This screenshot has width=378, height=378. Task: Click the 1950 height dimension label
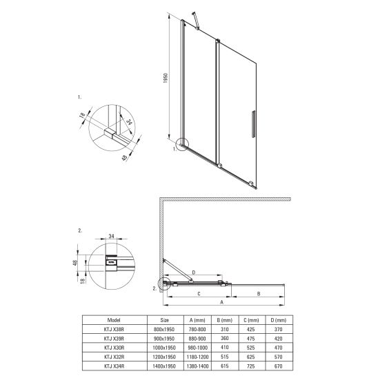click(x=166, y=78)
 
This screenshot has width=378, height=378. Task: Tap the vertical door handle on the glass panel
click(x=253, y=124)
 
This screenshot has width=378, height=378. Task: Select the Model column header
click(x=114, y=320)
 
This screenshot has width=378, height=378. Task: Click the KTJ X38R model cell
click(x=114, y=329)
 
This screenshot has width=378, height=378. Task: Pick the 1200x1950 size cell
click(x=164, y=357)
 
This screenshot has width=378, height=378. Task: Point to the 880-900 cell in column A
click(x=197, y=339)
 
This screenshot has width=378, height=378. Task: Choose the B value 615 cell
click(x=224, y=366)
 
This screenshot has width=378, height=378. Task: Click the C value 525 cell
click(x=250, y=348)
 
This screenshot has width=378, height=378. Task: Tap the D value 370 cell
click(x=278, y=329)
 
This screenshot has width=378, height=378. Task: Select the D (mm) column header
click(x=279, y=320)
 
